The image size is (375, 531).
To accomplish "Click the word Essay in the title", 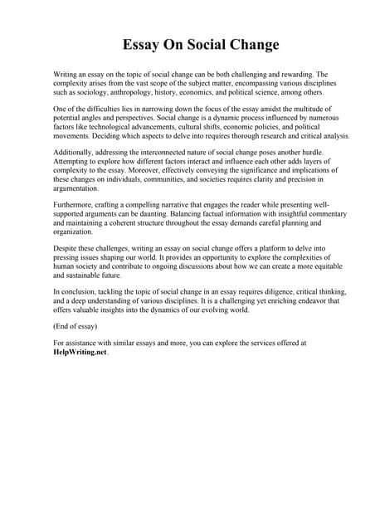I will (x=142, y=44).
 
